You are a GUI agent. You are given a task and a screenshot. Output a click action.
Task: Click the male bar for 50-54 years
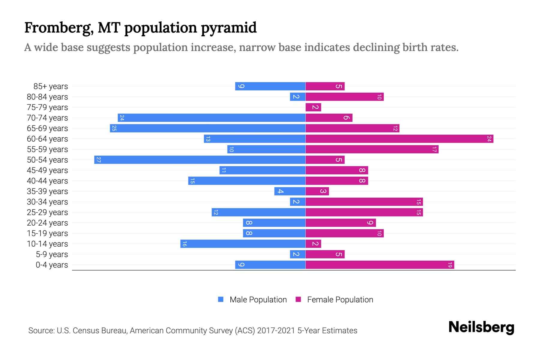(200, 160)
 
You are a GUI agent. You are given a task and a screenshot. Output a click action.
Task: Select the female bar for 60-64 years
(399, 139)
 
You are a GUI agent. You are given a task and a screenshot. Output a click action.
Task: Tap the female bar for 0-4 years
(380, 265)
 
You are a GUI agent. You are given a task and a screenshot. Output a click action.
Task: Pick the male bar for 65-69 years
(208, 128)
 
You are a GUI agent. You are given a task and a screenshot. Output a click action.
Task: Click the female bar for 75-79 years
(313, 107)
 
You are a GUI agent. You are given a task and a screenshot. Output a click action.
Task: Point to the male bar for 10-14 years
(243, 244)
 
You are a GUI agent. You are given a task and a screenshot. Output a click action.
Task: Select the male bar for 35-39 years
(290, 191)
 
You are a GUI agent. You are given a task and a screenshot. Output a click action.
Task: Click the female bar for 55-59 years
(372, 149)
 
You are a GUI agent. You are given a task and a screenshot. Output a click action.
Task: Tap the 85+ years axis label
(51, 86)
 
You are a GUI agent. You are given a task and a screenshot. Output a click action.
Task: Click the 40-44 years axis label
(47, 181)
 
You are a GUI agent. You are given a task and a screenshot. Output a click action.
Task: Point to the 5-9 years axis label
(52, 254)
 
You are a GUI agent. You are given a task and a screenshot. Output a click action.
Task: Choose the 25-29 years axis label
(47, 212)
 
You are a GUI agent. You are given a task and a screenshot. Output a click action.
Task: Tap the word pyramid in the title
(229, 28)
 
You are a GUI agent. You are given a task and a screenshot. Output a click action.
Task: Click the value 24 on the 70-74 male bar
(121, 118)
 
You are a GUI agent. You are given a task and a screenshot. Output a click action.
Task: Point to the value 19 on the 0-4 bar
(450, 265)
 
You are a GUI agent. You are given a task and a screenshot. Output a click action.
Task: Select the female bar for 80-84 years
(344, 97)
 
